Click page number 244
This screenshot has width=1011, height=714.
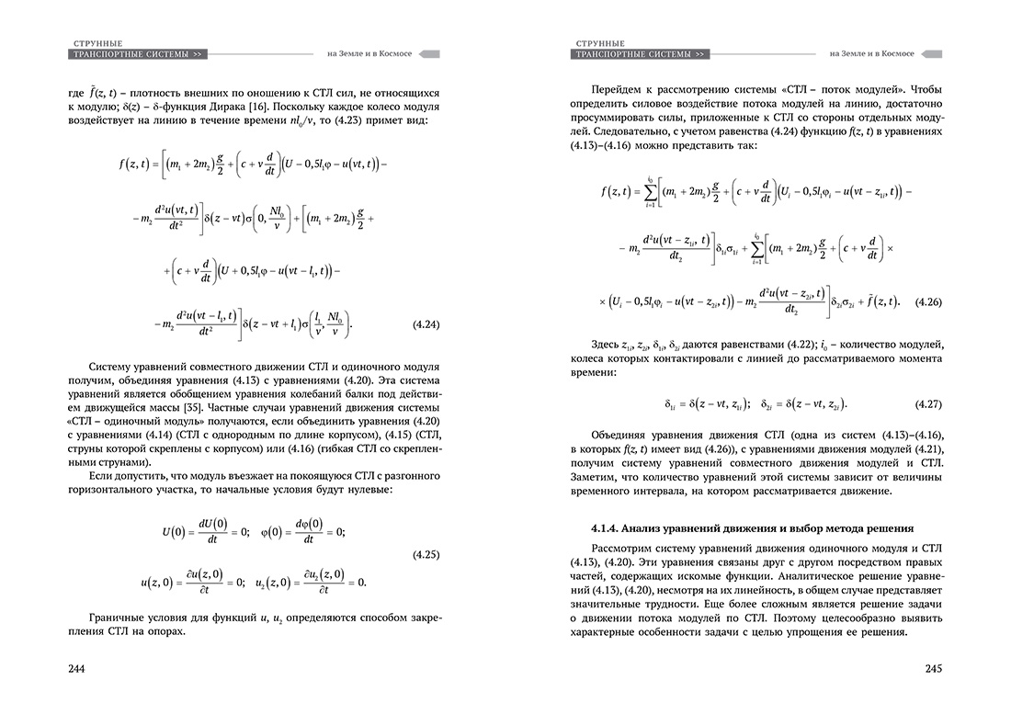(76, 668)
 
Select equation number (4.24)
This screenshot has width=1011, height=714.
(422, 324)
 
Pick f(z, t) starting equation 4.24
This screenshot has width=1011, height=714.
(138, 166)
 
